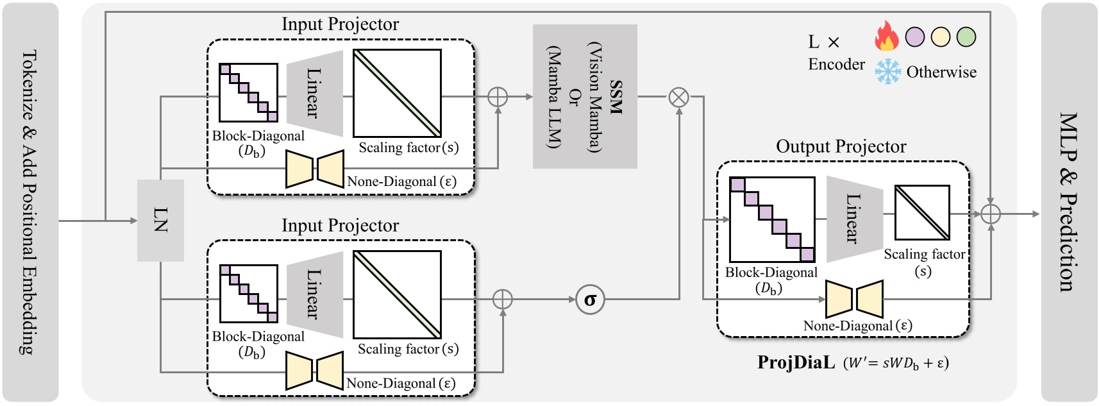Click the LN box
[160, 220]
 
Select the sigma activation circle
[590, 300]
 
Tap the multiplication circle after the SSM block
[678, 97]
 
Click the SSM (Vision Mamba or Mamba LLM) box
[585, 96]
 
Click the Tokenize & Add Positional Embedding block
[30, 203]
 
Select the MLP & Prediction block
[1069, 203]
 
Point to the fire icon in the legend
[887, 36]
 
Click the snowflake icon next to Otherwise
[888, 71]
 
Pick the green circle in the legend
[966, 37]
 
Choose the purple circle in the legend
[915, 37]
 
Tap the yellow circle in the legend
[941, 37]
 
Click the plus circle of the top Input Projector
[498, 97]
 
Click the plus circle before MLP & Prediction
[991, 214]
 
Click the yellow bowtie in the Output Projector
[854, 299]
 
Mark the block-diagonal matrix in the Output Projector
[772, 219]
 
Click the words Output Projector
[841, 147]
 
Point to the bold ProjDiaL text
[796, 362]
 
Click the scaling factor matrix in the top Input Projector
[397, 93]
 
